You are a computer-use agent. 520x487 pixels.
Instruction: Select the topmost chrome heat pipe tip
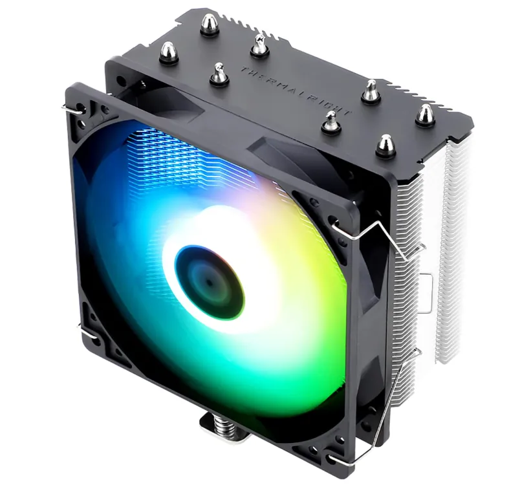pyautogui.click(x=208, y=23)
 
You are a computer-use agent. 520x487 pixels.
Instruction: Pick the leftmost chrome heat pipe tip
pyautogui.click(x=168, y=51)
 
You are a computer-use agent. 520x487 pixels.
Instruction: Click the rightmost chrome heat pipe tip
pyautogui.click(x=425, y=115)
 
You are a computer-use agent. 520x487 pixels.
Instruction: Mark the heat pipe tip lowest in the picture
pyautogui.click(x=385, y=144)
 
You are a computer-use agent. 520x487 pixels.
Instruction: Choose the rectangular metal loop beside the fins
pyautogui.click(x=427, y=288)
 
